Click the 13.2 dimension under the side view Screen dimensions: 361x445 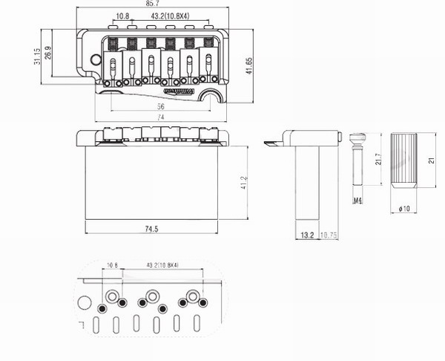point(306,235)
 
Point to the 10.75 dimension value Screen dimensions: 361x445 point(329,235)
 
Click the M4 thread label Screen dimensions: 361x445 point(357,201)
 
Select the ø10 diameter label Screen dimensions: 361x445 point(404,209)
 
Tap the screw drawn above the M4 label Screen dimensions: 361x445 point(357,160)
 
